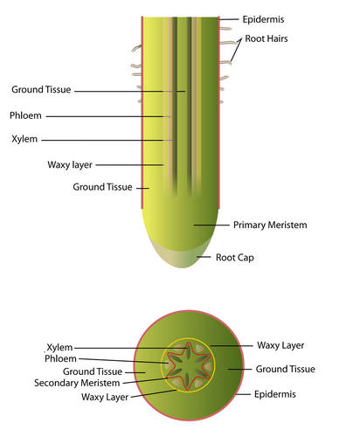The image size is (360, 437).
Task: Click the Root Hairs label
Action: pos(267,38)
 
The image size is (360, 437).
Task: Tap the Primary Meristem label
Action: pos(270,225)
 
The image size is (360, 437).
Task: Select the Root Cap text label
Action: pos(235,258)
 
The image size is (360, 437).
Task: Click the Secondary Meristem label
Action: pos(77,383)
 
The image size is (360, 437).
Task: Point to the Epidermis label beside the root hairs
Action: pos(263,19)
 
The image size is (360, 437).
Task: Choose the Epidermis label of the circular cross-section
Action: pos(275,394)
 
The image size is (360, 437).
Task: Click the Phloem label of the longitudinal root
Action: pos(25,115)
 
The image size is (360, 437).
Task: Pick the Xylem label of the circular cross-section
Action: pos(59,347)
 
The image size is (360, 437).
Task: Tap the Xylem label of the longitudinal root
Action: pos(24,139)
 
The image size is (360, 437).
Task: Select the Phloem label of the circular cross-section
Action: pos(60,358)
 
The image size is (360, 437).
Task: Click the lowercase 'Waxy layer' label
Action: pos(70,165)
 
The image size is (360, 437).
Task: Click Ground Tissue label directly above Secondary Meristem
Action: pos(93,371)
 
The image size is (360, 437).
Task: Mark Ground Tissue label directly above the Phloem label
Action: pos(41,89)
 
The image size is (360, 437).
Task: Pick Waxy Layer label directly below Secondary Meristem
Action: pos(105,397)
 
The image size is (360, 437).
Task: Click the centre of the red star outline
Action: pos(189,366)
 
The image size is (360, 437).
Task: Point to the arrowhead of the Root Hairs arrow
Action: pos(240,39)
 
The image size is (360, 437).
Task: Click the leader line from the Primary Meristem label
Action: pos(211,225)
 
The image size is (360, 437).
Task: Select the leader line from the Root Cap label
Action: pos(204,257)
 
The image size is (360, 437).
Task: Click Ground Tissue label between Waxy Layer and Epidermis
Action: pos(286,369)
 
